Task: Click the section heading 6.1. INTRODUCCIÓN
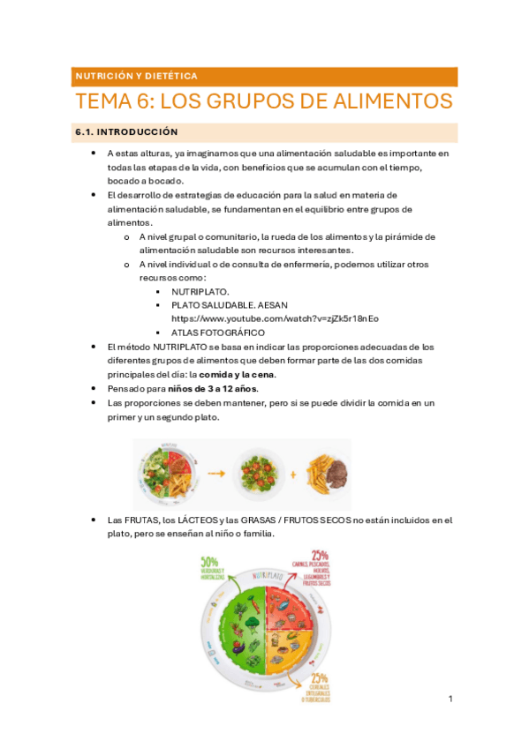tap(125, 132)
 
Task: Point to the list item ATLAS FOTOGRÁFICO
tap(217, 333)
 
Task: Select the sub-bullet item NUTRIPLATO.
tap(200, 290)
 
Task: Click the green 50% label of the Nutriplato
tap(209, 561)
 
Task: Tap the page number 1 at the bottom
tap(450, 699)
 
